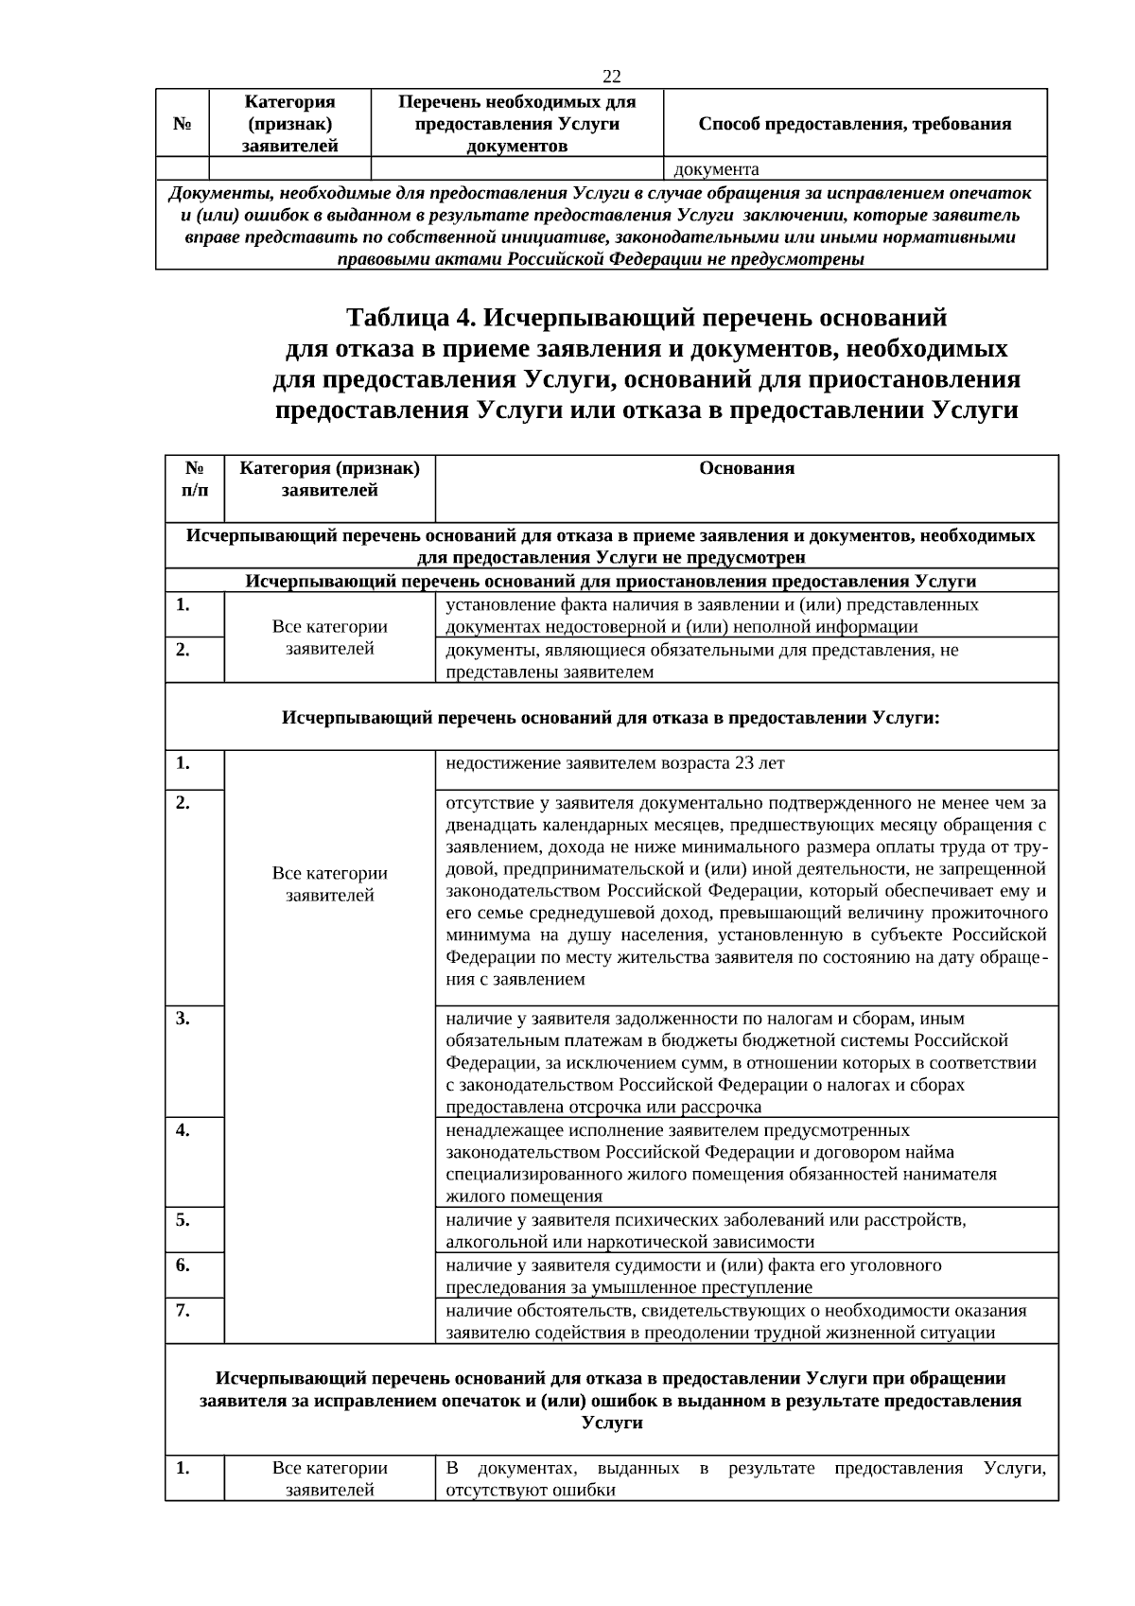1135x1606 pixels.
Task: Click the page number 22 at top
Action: [x=611, y=77]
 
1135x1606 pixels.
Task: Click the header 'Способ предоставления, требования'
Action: [x=855, y=124]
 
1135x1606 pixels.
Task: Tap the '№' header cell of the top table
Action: [x=183, y=124]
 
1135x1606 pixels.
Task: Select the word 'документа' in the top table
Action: [x=716, y=170]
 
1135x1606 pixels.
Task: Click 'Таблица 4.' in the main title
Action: [x=413, y=316]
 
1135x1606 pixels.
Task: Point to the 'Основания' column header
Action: [x=746, y=468]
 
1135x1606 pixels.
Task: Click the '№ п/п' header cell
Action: [x=194, y=480]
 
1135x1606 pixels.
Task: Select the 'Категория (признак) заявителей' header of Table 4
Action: [x=329, y=480]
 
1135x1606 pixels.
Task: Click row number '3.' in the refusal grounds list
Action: [x=183, y=1019]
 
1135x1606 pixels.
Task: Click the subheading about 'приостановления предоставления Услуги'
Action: [x=611, y=581]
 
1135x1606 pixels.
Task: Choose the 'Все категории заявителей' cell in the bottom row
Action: [x=329, y=1478]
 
